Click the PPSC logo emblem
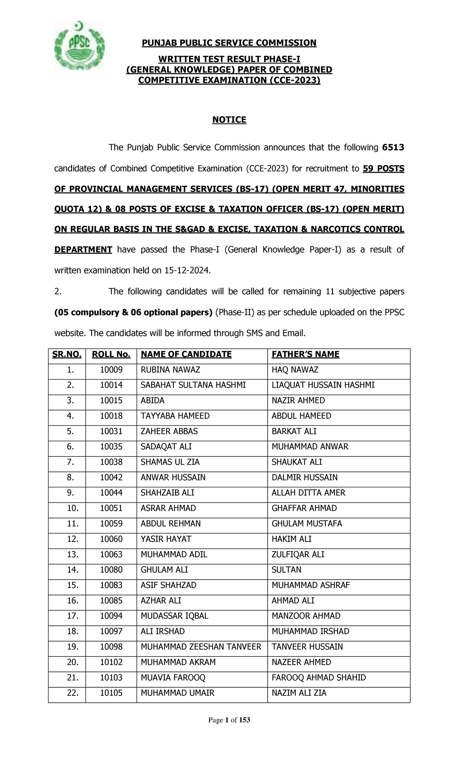80,46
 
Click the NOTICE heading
229,120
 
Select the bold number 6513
393,148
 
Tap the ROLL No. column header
111,355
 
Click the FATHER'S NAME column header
305,355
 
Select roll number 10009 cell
111,370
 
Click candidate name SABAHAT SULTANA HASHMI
193,385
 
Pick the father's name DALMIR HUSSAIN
305,478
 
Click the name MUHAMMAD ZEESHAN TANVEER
201,647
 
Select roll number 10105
111,693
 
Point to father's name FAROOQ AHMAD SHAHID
319,678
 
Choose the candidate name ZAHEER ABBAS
169,432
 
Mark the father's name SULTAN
286,570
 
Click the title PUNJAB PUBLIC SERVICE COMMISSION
229,43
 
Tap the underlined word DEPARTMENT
83,250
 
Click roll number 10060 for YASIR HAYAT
111,539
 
